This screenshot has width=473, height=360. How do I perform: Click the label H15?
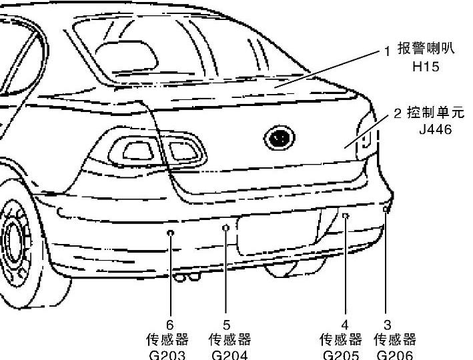[x=426, y=67]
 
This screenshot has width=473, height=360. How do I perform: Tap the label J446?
[x=435, y=129]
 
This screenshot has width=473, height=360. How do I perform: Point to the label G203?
[x=167, y=355]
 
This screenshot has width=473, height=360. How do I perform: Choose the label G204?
[x=229, y=355]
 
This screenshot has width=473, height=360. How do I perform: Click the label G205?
[x=341, y=355]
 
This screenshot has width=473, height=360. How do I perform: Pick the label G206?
[x=395, y=355]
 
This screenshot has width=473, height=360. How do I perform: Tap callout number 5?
[x=227, y=325]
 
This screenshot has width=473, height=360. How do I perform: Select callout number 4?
[x=345, y=325]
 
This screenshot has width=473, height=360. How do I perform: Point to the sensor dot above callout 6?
[x=171, y=233]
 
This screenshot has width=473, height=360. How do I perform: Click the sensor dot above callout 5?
[x=225, y=228]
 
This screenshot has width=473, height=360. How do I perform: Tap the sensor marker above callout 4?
[x=346, y=215]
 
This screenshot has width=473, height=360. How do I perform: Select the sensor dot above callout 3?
[x=386, y=210]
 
